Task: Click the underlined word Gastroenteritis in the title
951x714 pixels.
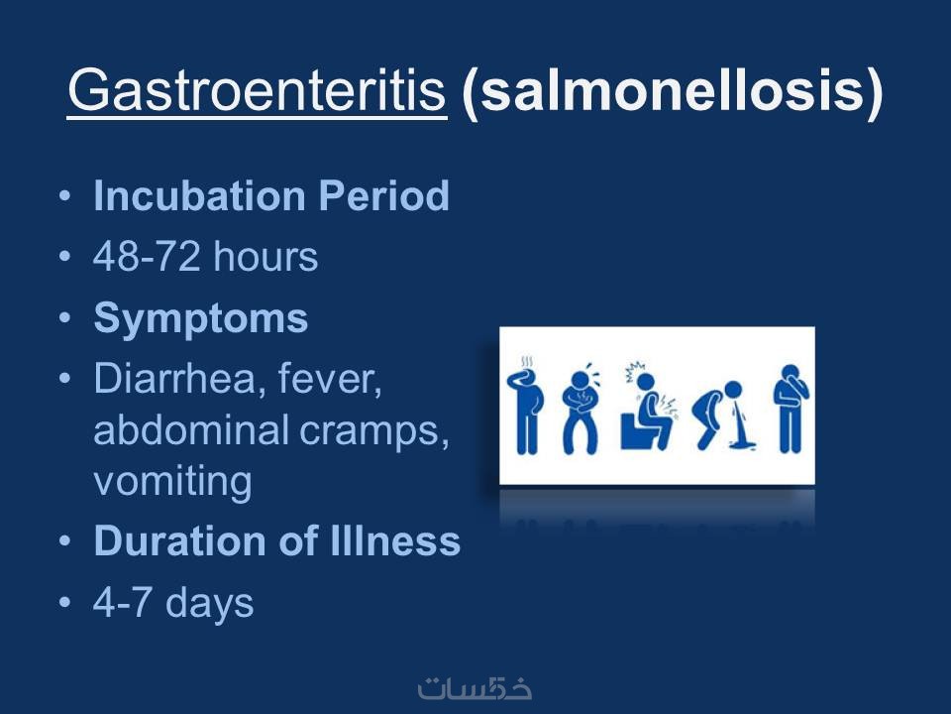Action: pyautogui.click(x=258, y=90)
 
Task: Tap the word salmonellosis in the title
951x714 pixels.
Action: pyautogui.click(x=672, y=90)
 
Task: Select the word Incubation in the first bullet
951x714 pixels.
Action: pyautogui.click(x=199, y=195)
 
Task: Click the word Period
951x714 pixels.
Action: pyautogui.click(x=384, y=195)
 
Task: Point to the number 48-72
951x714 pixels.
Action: pyautogui.click(x=147, y=256)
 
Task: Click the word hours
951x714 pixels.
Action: pyautogui.click(x=265, y=256)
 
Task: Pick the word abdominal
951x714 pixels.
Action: pyautogui.click(x=190, y=429)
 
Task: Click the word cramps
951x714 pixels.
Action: pyautogui.click(x=374, y=432)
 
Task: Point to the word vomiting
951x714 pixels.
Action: pyautogui.click(x=172, y=482)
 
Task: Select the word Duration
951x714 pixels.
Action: pyautogui.click(x=180, y=540)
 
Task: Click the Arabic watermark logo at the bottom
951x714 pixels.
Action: pyautogui.click(x=475, y=688)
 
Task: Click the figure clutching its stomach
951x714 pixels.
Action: pyautogui.click(x=581, y=410)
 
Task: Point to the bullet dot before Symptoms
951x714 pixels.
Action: pyautogui.click(x=65, y=317)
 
